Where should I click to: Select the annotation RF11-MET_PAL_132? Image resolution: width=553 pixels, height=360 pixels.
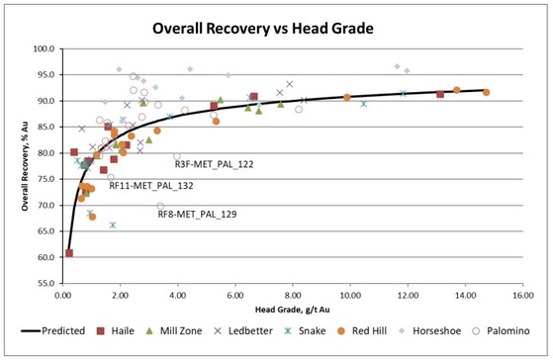151,185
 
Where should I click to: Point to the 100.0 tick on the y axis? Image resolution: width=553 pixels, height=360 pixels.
43,48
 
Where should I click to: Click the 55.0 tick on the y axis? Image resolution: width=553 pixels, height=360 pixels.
45,284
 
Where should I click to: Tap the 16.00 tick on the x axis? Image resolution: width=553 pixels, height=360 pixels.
514,295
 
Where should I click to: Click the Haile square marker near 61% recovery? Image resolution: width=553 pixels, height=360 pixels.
69,253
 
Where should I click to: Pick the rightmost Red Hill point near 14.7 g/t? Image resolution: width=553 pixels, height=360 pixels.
486,92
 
